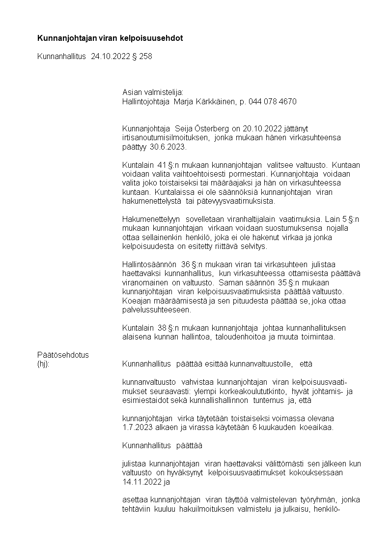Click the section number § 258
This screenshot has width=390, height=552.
[x=142, y=57]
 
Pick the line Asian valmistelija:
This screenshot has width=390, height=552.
[x=152, y=92]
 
